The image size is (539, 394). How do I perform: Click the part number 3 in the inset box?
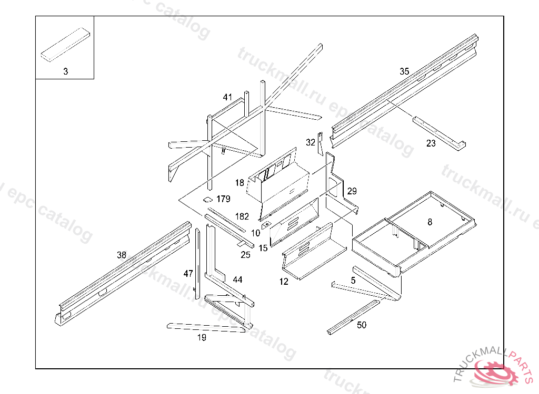65,71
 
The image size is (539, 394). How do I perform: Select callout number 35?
404,71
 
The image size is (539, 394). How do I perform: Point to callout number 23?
431,143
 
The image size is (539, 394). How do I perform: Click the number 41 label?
227,97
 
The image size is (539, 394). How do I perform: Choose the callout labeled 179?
223,199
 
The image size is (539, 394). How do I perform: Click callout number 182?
242,216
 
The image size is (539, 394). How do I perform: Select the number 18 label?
239,183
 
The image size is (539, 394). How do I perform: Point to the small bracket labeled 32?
320,143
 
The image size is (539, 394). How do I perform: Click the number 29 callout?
352,191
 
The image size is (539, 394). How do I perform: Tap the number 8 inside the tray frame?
430,222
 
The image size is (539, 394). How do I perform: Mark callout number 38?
122,255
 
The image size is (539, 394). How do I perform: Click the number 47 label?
188,273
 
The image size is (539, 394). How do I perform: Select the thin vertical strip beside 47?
198,260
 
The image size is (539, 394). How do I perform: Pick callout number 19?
202,337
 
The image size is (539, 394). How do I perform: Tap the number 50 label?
362,325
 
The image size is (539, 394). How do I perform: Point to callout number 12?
284,282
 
